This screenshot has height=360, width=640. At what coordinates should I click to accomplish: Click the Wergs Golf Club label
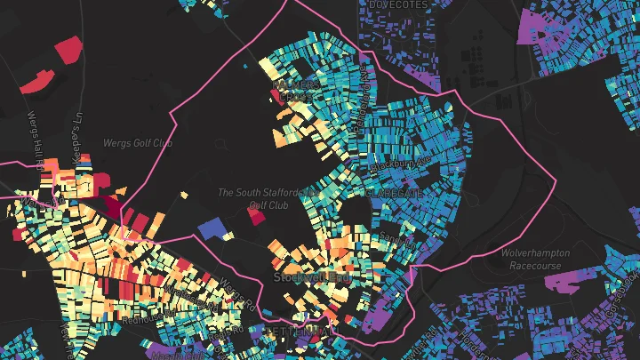[138, 142]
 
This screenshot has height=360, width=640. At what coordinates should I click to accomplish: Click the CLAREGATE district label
[392, 191]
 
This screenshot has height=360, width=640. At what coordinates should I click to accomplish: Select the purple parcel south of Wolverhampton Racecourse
[564, 283]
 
